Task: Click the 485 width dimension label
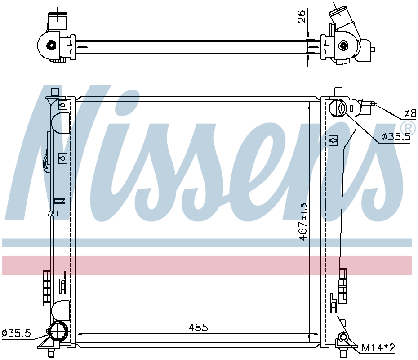point(198,327)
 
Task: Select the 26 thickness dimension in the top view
point(301,17)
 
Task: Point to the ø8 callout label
point(410,113)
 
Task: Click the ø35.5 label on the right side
point(396,137)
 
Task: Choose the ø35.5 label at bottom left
point(16,333)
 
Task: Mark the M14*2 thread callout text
point(378,348)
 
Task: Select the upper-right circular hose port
point(338,108)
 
